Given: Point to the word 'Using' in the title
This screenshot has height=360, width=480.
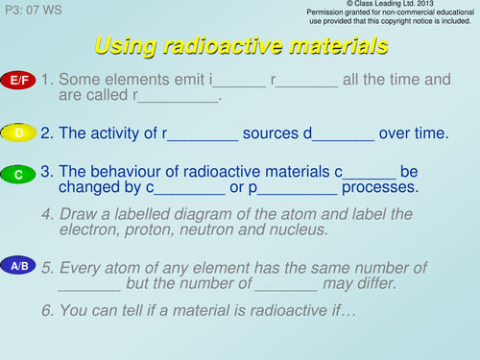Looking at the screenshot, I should click(x=127, y=45).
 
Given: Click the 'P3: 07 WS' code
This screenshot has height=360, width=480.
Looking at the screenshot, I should click(x=34, y=9).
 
